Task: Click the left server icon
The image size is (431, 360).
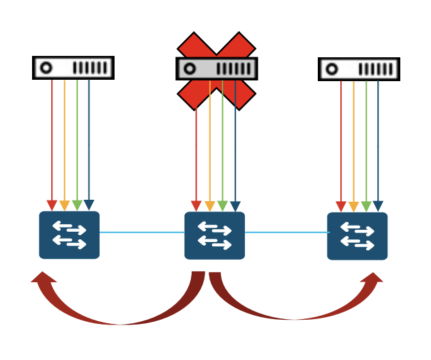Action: pyautogui.click(x=73, y=68)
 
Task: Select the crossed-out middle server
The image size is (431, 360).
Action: pyautogui.click(x=217, y=69)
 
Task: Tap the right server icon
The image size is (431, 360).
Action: pyautogui.click(x=359, y=69)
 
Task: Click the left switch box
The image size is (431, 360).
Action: pyautogui.click(x=69, y=235)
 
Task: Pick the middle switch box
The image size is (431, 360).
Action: pyautogui.click(x=214, y=236)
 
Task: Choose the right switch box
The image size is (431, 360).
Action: pyautogui.click(x=357, y=236)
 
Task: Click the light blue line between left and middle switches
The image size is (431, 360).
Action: pyautogui.click(x=142, y=232)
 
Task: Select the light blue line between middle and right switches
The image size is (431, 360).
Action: pyautogui.click(x=286, y=232)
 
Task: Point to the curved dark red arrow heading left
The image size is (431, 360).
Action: pyautogui.click(x=116, y=310)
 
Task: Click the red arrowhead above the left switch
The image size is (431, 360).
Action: pyautogui.click(x=52, y=205)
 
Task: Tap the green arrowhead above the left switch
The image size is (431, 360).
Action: pyautogui.click(x=77, y=205)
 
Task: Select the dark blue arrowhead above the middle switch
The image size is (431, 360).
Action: pyautogui.click(x=235, y=206)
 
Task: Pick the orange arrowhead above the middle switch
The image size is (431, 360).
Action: pyautogui.click(x=209, y=206)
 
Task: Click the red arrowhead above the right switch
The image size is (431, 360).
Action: pyautogui.click(x=341, y=206)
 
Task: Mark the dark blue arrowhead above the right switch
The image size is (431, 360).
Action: pyautogui.click(x=378, y=206)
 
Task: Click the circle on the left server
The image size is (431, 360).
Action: pyautogui.click(x=46, y=68)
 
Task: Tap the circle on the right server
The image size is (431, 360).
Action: pyautogui.click(x=332, y=69)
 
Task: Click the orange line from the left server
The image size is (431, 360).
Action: pyautogui.click(x=65, y=136)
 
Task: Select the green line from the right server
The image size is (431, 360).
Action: pyautogui.click(x=366, y=136)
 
